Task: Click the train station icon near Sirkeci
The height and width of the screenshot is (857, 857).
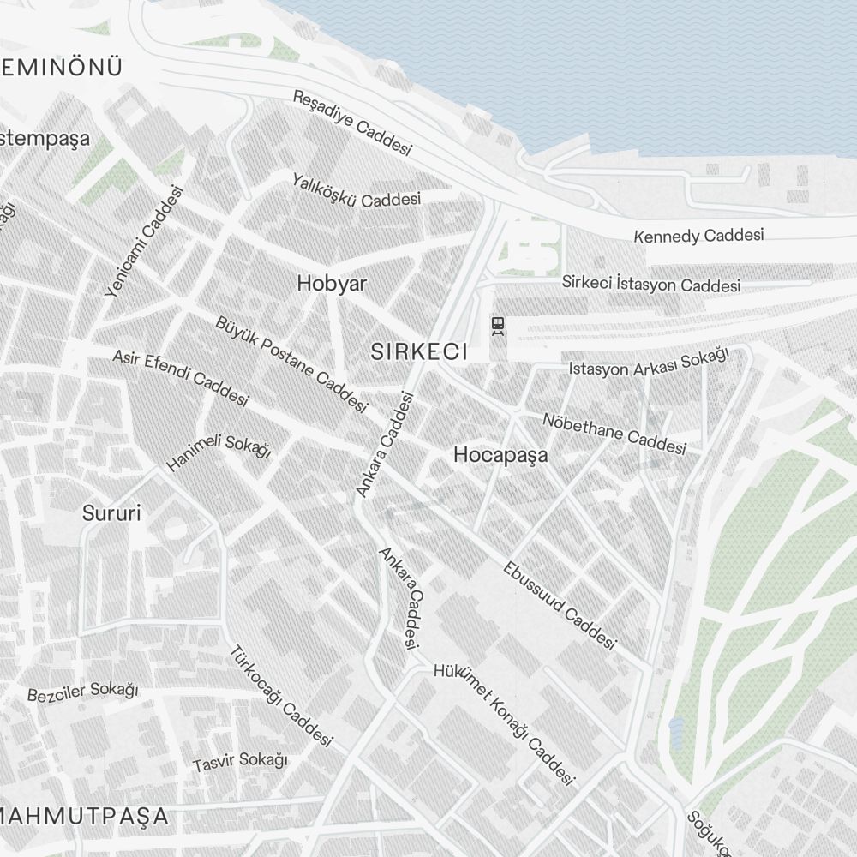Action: coord(497,325)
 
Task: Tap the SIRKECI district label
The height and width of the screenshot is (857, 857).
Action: coord(419,351)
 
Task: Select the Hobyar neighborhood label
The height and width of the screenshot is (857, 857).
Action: coord(332,284)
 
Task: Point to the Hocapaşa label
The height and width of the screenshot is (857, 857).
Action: coord(500,455)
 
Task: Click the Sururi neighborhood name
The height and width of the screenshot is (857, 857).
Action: coord(111,513)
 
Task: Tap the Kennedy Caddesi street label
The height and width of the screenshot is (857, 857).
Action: coord(698,235)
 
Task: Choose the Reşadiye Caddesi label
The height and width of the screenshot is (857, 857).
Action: coord(352,123)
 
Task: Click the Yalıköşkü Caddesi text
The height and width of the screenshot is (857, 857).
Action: coord(357,190)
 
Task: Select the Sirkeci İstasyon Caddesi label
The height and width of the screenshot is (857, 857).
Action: coord(651,284)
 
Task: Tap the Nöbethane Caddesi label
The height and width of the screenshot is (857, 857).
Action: coord(614,434)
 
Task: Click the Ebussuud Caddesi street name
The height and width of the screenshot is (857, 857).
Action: coord(560,606)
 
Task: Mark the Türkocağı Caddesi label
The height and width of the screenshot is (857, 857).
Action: coord(279,695)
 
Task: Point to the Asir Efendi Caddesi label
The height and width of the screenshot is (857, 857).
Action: coord(181,377)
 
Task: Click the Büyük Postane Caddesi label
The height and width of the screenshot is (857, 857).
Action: coord(291,364)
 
